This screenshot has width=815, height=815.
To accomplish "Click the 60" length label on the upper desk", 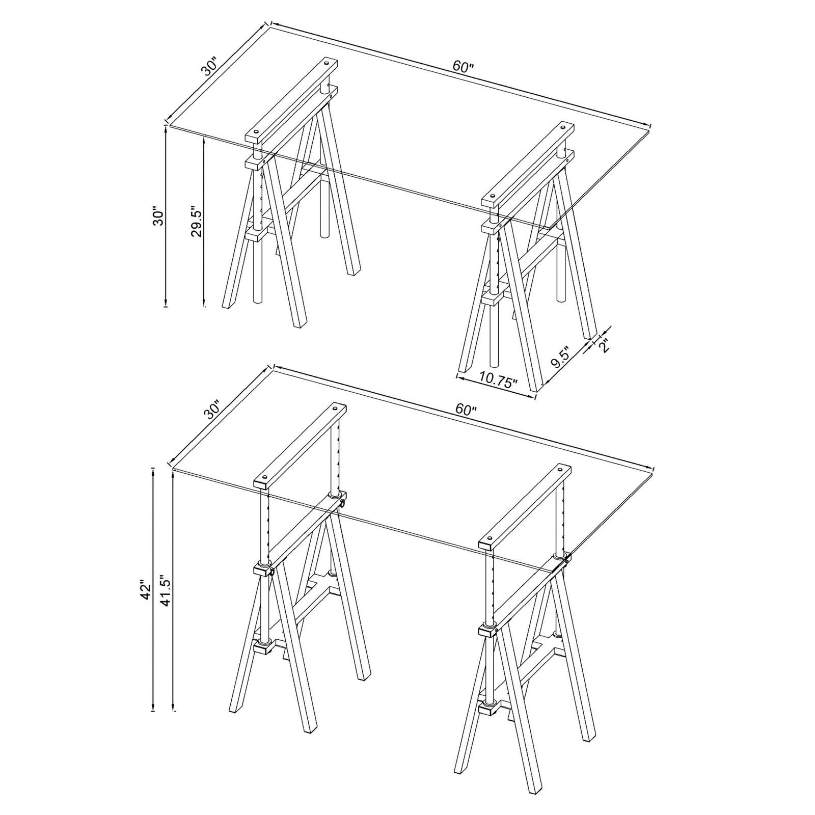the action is [463, 67].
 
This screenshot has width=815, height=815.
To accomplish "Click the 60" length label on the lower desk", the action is [466, 409].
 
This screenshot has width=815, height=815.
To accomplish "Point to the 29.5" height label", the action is [197, 221].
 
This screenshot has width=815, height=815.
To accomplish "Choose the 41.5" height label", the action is [166, 591].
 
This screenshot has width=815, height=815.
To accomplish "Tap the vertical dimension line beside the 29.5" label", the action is [204, 222].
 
